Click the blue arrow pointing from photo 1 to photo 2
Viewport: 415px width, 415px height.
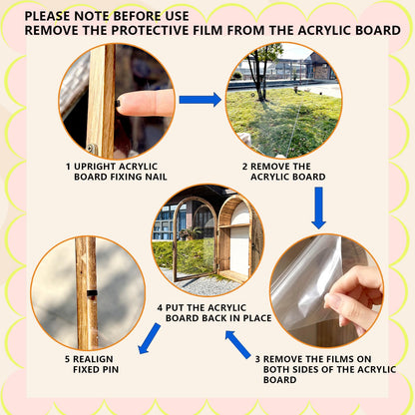pos(201,100)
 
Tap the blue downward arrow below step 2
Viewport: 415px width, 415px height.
pos(318,207)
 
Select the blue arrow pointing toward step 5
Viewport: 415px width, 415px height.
pos(149,338)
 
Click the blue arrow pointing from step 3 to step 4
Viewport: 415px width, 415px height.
pos(238,344)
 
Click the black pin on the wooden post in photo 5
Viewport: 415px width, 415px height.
pos(92,293)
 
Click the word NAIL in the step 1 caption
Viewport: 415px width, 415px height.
pos(156,177)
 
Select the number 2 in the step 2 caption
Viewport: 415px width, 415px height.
pos(244,167)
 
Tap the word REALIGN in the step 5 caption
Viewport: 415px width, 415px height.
pos(93,359)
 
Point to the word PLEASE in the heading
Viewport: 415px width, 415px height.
pos(47,16)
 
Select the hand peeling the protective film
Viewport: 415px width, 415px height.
pos(353,297)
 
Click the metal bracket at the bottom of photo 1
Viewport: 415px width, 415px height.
pos(92,150)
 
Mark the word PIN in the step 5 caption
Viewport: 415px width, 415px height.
pos(111,369)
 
